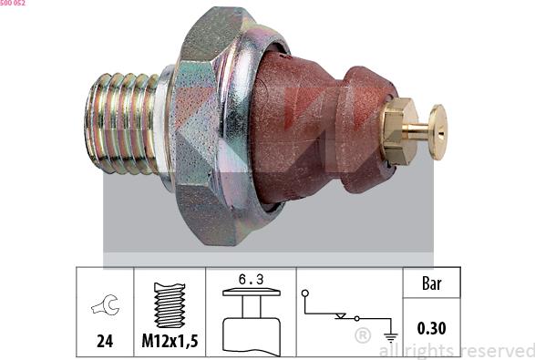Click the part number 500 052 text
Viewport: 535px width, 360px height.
click(x=12, y=3)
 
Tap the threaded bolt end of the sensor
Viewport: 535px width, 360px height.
click(x=122, y=124)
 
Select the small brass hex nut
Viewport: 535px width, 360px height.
click(x=399, y=131)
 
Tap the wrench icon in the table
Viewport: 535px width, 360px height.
click(x=106, y=304)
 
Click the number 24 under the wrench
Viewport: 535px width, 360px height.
click(x=105, y=341)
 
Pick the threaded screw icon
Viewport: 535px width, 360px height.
click(x=170, y=305)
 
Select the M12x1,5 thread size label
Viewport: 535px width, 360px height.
click(x=170, y=341)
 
